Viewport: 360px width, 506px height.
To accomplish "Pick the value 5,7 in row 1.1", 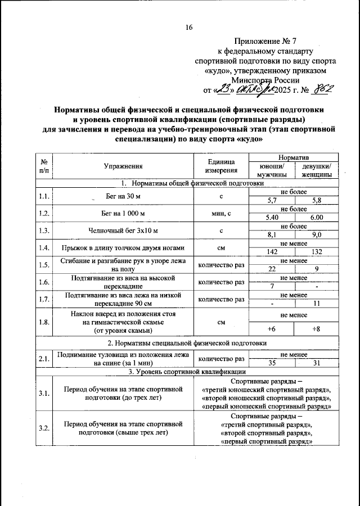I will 272,200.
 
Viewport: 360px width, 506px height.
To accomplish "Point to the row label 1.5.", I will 44,264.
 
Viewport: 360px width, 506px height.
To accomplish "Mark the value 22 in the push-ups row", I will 272,269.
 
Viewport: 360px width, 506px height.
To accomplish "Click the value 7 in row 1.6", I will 272,286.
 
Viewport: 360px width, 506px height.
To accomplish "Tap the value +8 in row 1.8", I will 317,328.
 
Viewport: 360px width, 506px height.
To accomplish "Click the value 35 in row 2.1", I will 272,363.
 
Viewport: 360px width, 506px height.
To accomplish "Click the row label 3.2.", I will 44,429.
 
